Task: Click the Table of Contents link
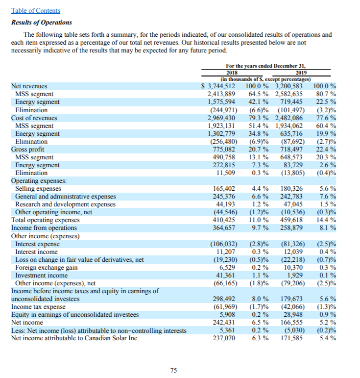pos(35,10)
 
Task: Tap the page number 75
pos(173,370)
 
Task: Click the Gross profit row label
pos(27,149)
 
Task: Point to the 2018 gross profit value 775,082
pos(225,149)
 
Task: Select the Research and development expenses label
pos(66,204)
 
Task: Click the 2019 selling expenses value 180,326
pos(292,189)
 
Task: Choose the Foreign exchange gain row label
pos(48,267)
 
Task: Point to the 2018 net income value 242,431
pos(225,323)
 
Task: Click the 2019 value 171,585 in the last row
pos(292,338)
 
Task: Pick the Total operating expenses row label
pos(46,220)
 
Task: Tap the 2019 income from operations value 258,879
pos(292,228)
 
